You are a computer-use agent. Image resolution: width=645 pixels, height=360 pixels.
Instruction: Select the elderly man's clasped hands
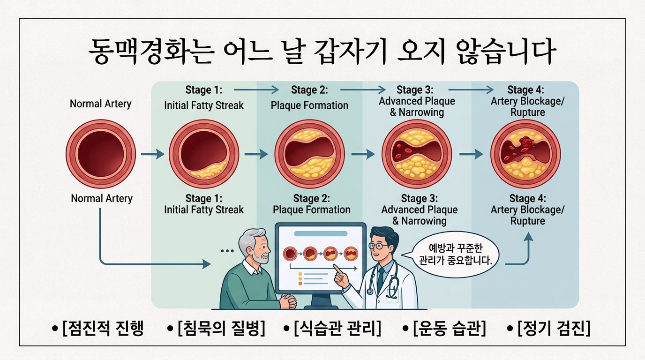[x=288, y=300]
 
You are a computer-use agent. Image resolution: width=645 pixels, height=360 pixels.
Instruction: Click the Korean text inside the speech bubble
[x=456, y=255]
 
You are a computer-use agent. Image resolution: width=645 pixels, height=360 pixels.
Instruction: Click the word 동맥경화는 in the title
[x=151, y=52]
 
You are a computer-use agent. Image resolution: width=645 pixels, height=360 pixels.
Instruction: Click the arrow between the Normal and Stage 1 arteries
[x=153, y=154]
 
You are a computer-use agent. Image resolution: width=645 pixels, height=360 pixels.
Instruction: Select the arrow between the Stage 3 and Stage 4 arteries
[x=471, y=154]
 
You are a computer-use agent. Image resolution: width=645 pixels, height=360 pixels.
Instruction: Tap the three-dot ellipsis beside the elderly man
[x=227, y=251]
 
